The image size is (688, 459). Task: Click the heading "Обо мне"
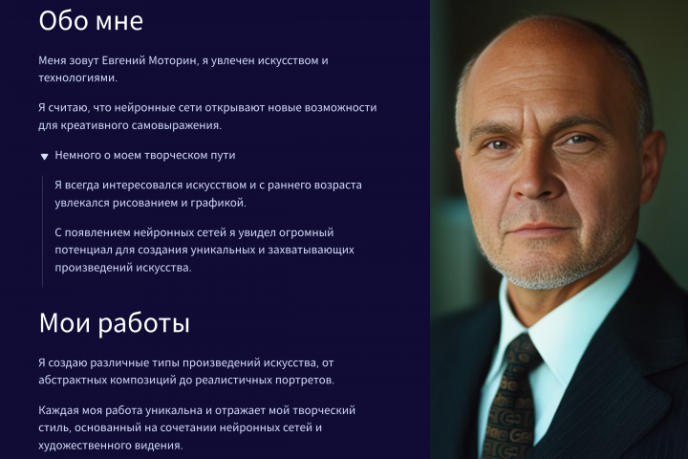tap(91, 21)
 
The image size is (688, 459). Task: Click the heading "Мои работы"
tap(114, 323)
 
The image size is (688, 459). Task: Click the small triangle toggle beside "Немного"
tap(44, 156)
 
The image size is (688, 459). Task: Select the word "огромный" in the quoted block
tap(305, 232)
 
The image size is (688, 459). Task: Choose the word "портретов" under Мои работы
tap(305, 381)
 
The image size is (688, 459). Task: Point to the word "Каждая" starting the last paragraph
tap(58, 410)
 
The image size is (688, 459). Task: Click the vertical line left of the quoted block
tap(42, 230)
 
